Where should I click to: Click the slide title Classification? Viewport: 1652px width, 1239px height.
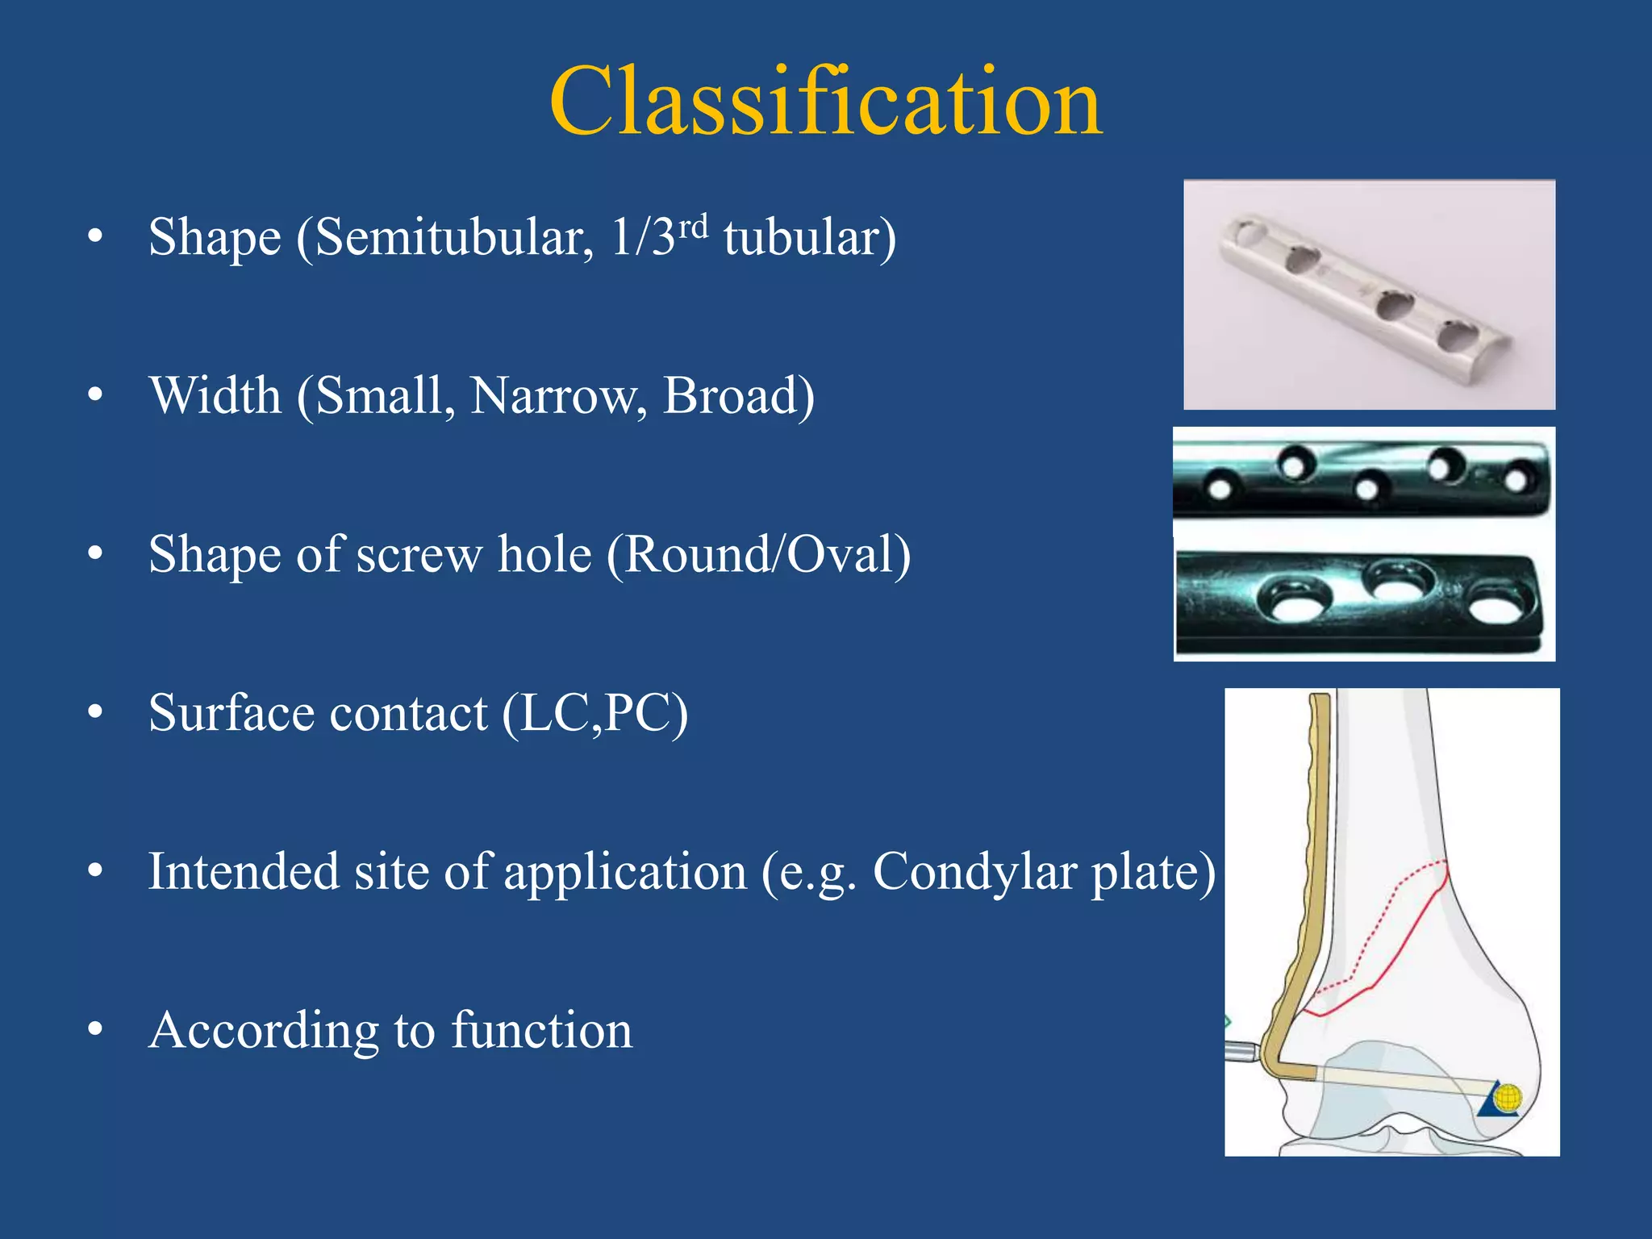825,102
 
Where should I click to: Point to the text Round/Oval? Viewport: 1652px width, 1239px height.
759,555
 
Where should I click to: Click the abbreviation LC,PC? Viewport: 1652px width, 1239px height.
595,714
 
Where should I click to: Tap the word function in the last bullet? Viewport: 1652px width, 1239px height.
541,1031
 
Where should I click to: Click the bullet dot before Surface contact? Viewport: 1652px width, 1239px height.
95,713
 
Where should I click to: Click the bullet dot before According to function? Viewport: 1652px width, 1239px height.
95,1030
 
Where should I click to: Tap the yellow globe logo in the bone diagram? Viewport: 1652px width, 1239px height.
1507,1098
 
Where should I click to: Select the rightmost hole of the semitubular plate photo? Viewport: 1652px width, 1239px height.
1457,336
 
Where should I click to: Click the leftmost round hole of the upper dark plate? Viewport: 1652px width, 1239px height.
1219,488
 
